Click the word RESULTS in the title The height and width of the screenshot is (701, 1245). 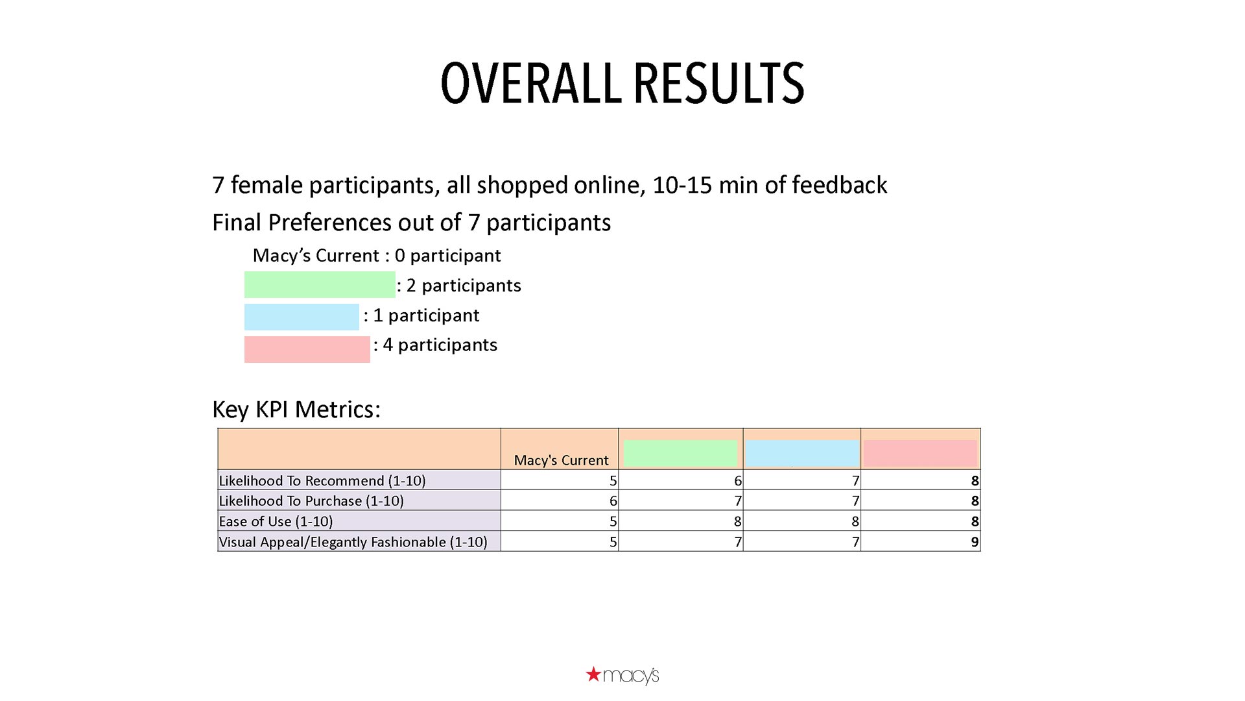coord(718,83)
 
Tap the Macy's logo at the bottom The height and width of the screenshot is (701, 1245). coord(622,675)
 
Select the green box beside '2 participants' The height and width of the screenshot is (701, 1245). coord(320,284)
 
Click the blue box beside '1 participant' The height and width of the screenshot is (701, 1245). coord(302,317)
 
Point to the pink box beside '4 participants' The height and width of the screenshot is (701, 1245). coord(307,349)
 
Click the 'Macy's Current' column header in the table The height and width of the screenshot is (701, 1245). coord(561,460)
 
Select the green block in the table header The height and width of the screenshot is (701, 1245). coord(680,453)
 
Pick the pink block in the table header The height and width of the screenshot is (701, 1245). coord(920,453)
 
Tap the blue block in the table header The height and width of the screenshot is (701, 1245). coord(802,453)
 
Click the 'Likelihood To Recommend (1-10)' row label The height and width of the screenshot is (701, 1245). coord(322,481)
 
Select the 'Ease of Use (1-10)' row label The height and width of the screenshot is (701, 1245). coord(276,522)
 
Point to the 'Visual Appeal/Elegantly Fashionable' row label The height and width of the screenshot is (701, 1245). coord(353,542)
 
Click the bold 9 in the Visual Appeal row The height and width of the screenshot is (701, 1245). coord(975,542)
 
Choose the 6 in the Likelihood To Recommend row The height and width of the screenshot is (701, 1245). coord(737,481)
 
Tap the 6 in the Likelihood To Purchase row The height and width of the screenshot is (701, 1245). coord(613,501)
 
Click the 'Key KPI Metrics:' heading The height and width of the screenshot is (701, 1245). coord(296,410)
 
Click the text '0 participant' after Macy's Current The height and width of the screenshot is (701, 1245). coord(447,256)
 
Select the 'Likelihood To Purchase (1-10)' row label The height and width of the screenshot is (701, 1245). coord(311,501)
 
